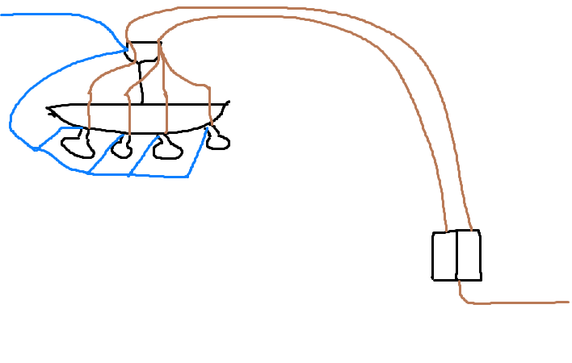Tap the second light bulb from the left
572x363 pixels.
pos(121,149)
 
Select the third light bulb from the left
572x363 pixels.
pos(168,149)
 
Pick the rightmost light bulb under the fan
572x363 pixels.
pos(217,143)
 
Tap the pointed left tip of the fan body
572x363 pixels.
pos(48,107)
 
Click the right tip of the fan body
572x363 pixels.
pos(229,102)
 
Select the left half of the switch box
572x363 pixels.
pos(444,256)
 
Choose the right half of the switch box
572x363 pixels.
pos(469,256)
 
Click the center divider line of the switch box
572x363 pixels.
pos(456,256)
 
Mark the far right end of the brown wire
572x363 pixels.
pos(567,302)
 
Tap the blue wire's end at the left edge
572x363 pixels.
pos(2,15)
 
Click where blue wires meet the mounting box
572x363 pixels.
pos(128,48)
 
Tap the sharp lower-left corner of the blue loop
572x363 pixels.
pos(36,149)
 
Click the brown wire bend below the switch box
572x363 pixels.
pos(464,298)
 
